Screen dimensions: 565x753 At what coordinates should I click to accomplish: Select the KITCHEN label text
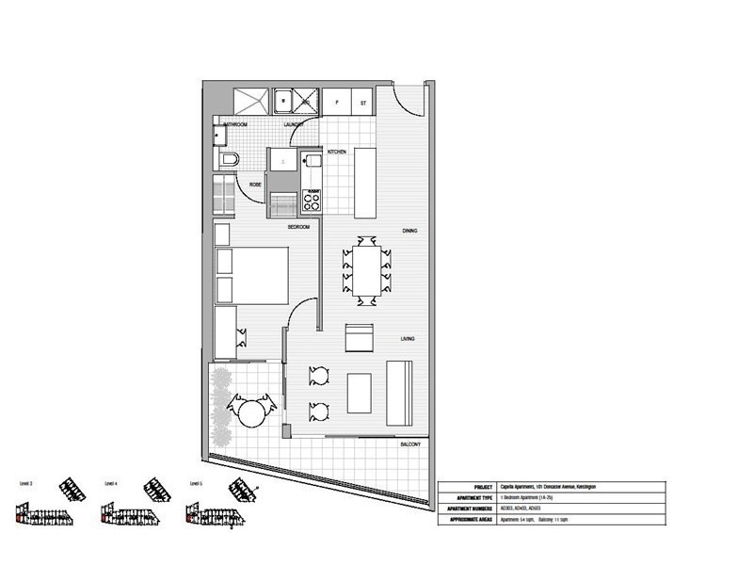(x=337, y=152)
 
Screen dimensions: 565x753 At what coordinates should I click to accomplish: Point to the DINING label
(x=409, y=231)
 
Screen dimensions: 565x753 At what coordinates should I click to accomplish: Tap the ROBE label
(x=255, y=185)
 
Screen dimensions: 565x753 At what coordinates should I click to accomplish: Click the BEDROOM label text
(x=300, y=227)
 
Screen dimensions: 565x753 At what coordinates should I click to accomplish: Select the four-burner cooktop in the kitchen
(x=311, y=201)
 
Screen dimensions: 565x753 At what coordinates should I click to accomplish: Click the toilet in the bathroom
(x=229, y=162)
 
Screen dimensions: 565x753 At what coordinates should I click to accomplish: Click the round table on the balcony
(x=251, y=412)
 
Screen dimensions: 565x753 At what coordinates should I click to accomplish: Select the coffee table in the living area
(x=360, y=393)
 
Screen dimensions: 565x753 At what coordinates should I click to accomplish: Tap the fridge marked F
(x=336, y=101)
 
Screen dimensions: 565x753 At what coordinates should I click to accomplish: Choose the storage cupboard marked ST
(x=363, y=101)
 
